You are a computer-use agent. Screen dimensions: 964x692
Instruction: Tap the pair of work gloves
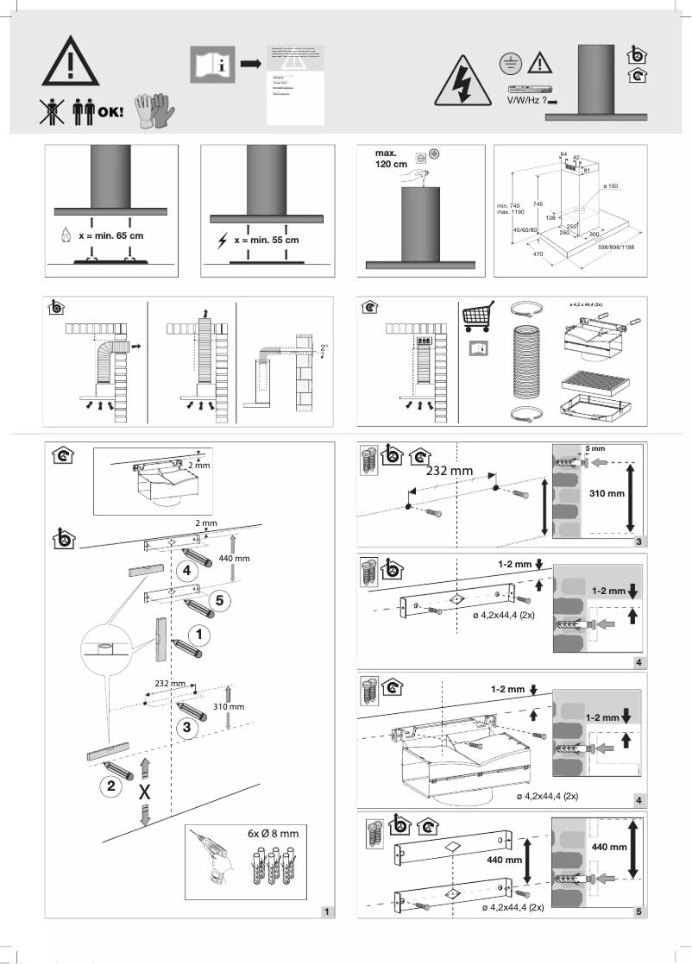155,110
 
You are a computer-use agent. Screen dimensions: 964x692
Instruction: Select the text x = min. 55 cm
267,240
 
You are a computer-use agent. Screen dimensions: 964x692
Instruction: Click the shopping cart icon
477,319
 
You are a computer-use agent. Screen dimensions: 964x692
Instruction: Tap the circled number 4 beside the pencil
186,570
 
